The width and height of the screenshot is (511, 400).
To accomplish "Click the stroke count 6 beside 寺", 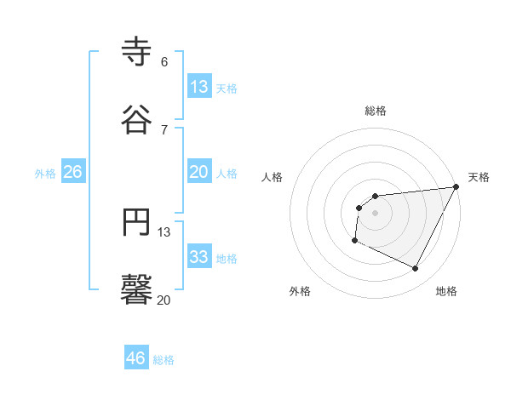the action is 164,62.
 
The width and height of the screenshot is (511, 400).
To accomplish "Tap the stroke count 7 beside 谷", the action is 164,129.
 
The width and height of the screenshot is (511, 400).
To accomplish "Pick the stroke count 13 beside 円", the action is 164,231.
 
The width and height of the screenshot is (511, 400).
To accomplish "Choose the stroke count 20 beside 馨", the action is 164,300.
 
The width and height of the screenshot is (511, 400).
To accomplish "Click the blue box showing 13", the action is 198,87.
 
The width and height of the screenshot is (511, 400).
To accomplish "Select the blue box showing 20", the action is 198,172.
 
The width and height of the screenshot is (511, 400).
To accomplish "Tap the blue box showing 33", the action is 198,257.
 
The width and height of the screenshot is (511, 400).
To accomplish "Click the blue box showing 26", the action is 73,172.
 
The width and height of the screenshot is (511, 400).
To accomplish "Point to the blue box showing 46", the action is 135,358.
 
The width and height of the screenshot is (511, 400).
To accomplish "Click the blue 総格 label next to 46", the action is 164,360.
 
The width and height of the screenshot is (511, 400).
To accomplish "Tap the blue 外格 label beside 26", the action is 45,174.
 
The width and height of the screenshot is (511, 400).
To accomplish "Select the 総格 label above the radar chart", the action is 376,111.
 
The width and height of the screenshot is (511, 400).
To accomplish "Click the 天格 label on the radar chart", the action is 479,177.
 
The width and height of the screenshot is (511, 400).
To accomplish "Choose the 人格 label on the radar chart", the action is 273,177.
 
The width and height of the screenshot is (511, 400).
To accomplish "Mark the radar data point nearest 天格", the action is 456,187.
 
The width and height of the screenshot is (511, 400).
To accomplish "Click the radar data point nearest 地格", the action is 416,269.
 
